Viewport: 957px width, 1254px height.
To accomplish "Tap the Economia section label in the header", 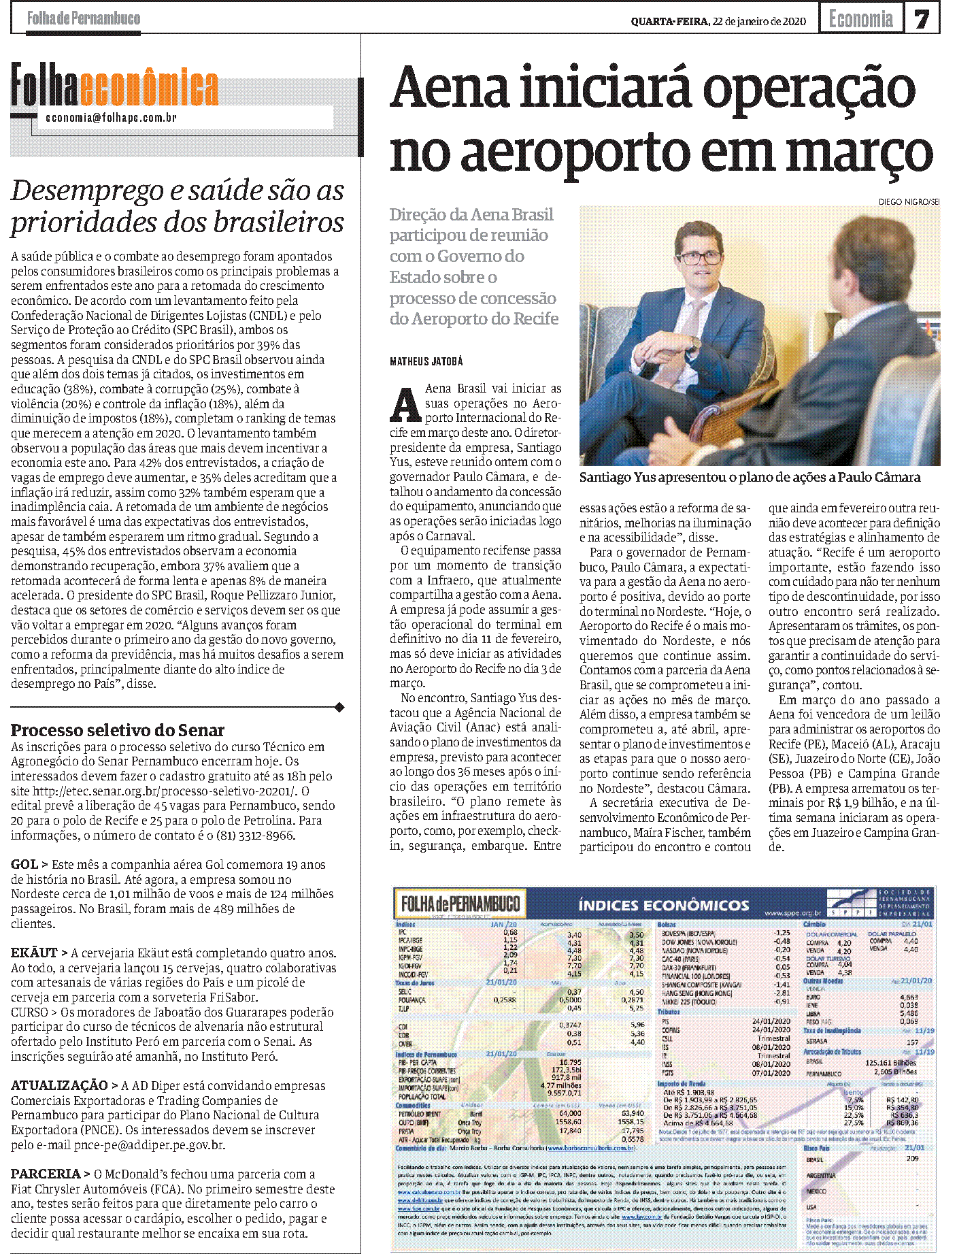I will pos(860,19).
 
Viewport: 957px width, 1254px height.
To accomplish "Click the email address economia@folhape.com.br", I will pos(111,118).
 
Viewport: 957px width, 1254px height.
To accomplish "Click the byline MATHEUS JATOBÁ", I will pos(426,361).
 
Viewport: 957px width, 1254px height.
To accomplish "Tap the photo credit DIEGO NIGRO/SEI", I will pos(909,202).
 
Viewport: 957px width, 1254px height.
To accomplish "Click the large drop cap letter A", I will pos(405,404).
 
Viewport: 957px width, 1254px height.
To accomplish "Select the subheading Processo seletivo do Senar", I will pos(117,730).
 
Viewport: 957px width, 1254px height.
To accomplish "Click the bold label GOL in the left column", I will pos(24,865).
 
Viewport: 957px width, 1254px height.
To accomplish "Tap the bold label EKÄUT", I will pos(35,953).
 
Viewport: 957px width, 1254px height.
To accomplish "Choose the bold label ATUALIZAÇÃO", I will pos(59,1086).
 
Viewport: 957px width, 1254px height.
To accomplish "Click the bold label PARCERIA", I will pos(46,1174).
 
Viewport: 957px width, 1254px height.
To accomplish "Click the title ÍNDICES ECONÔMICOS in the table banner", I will pos(663,906).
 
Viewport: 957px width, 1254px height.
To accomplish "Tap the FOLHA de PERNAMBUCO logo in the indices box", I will pos(460,904).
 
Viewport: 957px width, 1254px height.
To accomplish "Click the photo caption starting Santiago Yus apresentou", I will pos(750,478).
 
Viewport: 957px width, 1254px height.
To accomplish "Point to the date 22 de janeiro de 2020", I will pos(759,21).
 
